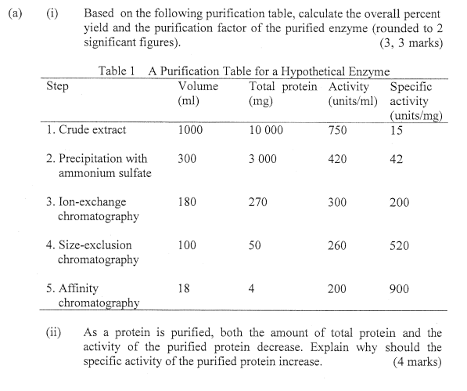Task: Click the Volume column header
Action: pos(198,86)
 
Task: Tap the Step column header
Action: pos(57,86)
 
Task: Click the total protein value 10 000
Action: pos(266,130)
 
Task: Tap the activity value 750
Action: pos(338,130)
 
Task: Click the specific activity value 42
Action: pos(396,158)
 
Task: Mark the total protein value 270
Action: pos(257,201)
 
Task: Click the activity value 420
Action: pos(338,158)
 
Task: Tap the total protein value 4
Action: pos(251,288)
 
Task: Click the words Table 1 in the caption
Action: pos(117,71)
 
